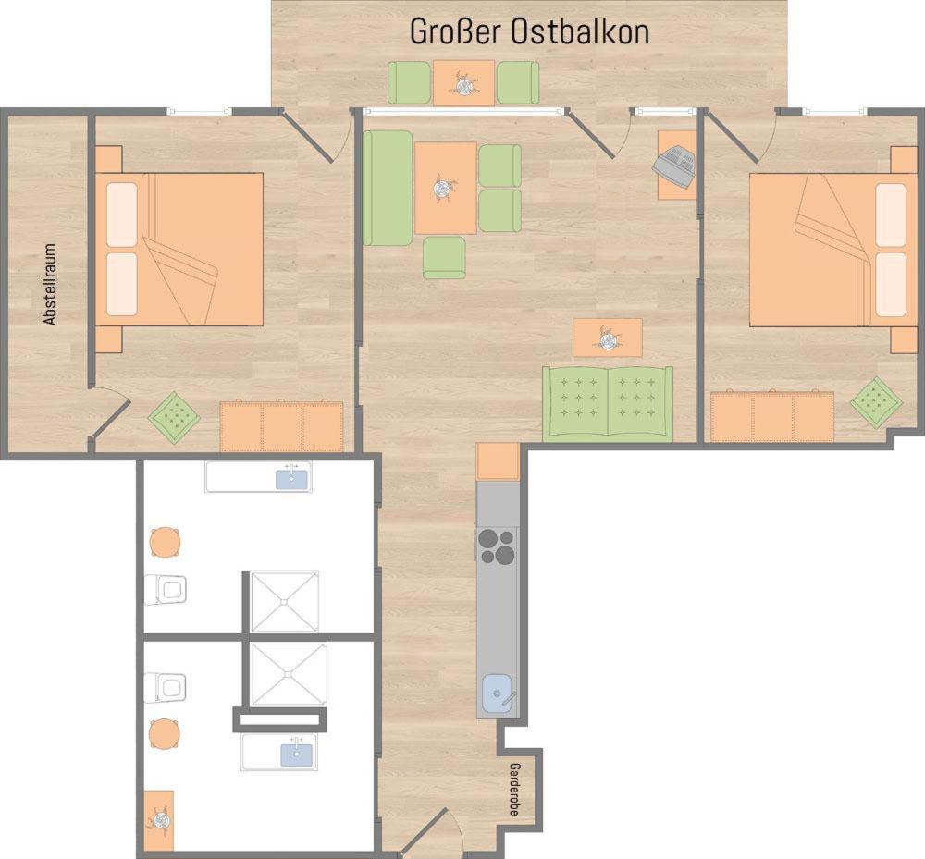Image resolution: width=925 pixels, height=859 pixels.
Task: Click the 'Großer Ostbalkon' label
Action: [529, 31]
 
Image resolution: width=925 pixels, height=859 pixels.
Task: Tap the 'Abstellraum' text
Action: [50, 284]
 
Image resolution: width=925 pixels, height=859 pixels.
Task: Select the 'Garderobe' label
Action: [514, 790]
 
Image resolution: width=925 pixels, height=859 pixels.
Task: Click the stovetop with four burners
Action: [497, 546]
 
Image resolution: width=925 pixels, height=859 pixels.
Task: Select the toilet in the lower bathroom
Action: [166, 687]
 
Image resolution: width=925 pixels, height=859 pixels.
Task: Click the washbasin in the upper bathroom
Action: [291, 476]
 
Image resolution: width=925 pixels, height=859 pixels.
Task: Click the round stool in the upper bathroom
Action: [166, 543]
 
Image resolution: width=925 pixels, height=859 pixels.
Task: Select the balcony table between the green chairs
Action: [463, 83]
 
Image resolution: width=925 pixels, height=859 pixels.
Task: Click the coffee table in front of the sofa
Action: [608, 337]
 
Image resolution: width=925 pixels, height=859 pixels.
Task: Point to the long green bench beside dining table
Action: [388, 188]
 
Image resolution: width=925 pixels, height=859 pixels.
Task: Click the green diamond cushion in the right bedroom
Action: [876, 402]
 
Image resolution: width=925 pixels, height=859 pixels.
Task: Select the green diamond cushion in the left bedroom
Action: [174, 417]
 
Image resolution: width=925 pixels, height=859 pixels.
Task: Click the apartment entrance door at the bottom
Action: [434, 832]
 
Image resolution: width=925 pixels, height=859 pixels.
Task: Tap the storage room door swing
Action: [110, 412]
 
